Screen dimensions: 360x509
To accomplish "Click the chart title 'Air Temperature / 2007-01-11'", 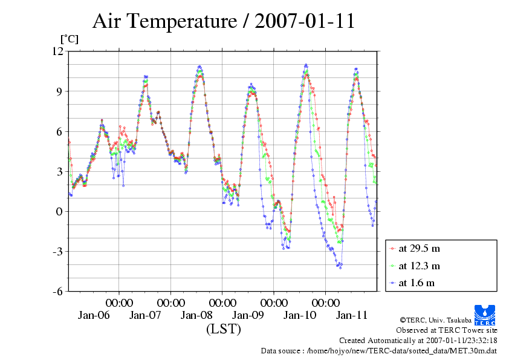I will [223, 22].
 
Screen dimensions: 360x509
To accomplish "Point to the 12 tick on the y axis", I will [57, 51].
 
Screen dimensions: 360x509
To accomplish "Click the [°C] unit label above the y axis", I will [68, 39].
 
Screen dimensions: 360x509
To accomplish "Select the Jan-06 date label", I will [94, 315].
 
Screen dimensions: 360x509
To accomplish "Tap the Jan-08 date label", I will [197, 315].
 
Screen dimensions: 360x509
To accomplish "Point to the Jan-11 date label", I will [352, 315].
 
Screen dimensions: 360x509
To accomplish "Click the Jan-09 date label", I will [248, 315].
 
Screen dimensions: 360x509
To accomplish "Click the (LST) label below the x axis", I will [223, 330].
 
